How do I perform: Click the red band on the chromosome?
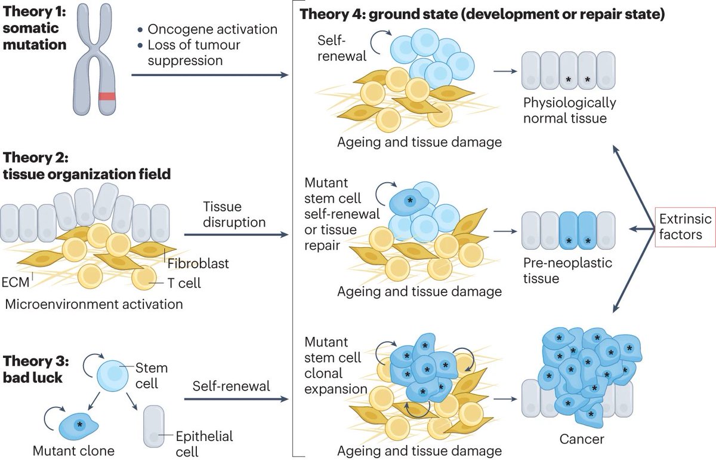pyautogui.click(x=107, y=96)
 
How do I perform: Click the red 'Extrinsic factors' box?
pyautogui.click(x=685, y=228)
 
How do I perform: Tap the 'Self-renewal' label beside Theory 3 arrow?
pyautogui.click(x=231, y=387)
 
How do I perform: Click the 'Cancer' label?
pyautogui.click(x=582, y=440)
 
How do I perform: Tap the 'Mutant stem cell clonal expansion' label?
pyautogui.click(x=332, y=366)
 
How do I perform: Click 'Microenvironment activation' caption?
pyautogui.click(x=94, y=304)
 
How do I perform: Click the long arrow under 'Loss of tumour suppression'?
pyautogui.click(x=209, y=75)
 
